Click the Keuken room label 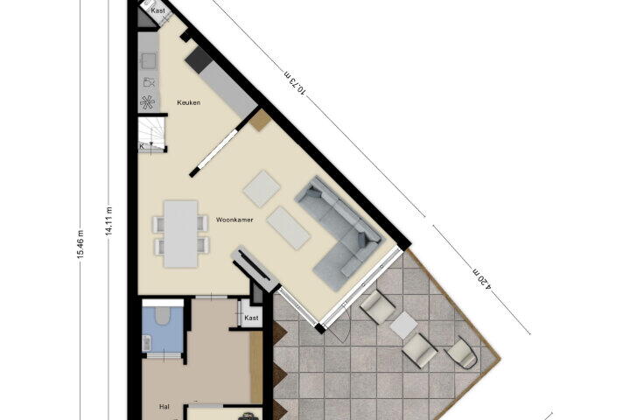tap(188, 102)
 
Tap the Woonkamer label tap(234, 220)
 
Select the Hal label tap(164, 407)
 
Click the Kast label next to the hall tap(251, 318)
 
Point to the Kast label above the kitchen tap(157, 10)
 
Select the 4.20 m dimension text tap(482, 278)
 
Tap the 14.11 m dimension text tap(108, 221)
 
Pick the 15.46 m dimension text tap(80, 244)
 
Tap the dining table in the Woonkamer tap(181, 234)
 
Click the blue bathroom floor tap(163, 330)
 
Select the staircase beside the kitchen tap(152, 134)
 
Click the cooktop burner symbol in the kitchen tap(148, 103)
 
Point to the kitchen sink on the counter tap(148, 61)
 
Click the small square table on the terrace tap(403, 325)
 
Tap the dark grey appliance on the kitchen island tap(199, 59)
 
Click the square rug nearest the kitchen tap(262, 189)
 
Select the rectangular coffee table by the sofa tap(288, 227)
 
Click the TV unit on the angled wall tap(255, 268)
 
